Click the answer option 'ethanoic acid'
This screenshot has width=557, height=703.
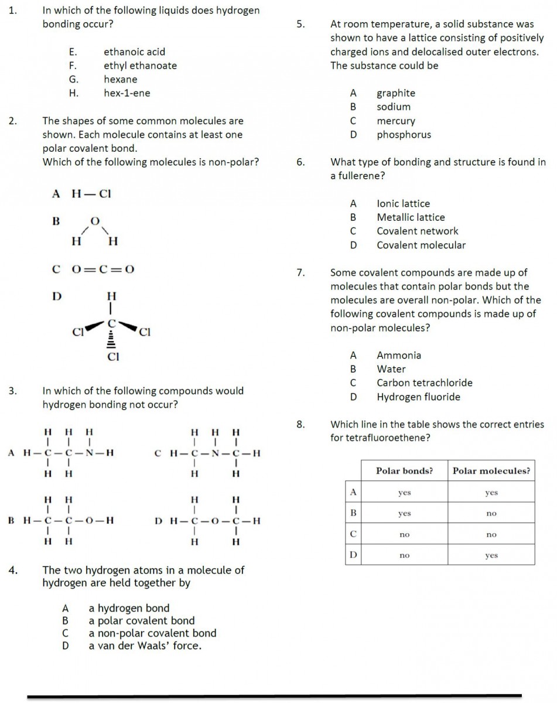[x=134, y=52]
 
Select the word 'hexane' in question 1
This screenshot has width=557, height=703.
[x=121, y=79]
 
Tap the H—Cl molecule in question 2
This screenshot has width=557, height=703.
[x=91, y=194]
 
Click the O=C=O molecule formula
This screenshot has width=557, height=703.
[x=103, y=269]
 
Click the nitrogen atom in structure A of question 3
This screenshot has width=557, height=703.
[x=90, y=453]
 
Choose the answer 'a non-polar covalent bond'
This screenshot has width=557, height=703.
[x=152, y=633]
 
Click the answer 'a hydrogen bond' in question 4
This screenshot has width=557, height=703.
[x=129, y=608]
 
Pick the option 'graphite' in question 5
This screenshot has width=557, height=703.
[x=396, y=93]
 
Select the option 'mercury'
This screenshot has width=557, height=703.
[x=396, y=121]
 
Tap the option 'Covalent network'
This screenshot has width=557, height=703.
[x=418, y=231]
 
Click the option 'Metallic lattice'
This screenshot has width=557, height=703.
[x=411, y=217]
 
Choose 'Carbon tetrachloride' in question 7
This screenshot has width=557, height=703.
[x=425, y=383]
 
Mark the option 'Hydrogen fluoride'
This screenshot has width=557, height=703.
[x=419, y=397]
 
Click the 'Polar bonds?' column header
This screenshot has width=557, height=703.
[x=404, y=471]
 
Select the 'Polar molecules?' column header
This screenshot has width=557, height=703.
[x=491, y=471]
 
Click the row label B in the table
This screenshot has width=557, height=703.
[x=353, y=513]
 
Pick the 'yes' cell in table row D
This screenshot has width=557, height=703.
[x=491, y=555]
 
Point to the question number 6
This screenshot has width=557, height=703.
[x=300, y=162]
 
